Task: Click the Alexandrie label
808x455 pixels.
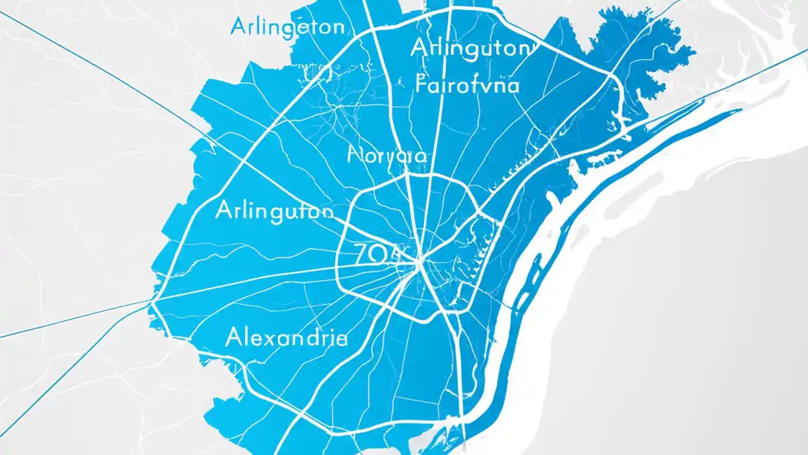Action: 286,337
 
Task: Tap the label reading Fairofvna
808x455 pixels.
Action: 468,84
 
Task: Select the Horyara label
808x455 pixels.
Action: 387,155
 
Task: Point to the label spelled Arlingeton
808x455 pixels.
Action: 287,27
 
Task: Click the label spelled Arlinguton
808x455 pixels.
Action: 274,210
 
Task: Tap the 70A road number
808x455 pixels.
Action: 377,254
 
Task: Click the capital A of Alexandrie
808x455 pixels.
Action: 233,337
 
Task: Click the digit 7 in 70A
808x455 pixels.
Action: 362,254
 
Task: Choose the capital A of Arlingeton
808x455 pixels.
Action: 239,27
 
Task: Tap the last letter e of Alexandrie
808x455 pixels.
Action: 341,339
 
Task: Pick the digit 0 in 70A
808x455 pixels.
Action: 377,254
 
